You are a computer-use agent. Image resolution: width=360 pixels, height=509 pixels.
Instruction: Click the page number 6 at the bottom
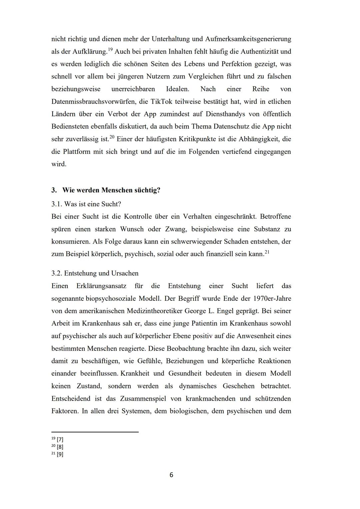pos(171,475)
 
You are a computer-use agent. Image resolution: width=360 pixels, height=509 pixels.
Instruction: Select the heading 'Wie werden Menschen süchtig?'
pos(111,190)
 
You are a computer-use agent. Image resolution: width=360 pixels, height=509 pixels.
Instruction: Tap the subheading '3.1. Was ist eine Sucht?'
pos(86,204)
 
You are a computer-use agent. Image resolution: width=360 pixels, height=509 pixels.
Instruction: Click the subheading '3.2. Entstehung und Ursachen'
pos(95,273)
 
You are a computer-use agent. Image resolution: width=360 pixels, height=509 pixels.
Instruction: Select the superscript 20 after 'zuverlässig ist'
pos(112,137)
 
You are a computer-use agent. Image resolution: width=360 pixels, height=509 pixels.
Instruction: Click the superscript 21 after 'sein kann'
pos(267,252)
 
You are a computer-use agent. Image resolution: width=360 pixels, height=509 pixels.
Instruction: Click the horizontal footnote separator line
pos(95,432)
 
